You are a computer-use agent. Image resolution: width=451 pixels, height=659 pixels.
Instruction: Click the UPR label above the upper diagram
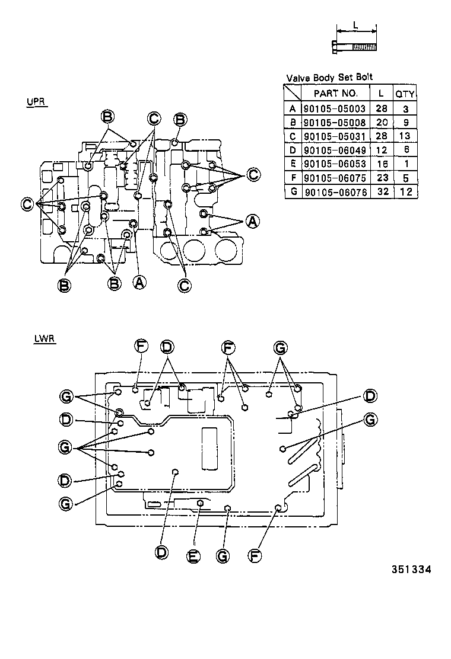click(x=36, y=101)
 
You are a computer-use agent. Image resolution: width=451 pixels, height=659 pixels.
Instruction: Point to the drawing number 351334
click(x=410, y=570)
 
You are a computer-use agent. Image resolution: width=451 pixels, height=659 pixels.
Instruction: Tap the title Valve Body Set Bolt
click(x=329, y=78)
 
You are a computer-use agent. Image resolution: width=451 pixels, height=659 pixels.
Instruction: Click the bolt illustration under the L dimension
click(x=353, y=46)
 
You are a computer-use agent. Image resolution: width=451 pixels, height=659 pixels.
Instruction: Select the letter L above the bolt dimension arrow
click(x=355, y=25)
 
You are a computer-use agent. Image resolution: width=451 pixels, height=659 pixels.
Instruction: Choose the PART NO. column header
click(x=335, y=94)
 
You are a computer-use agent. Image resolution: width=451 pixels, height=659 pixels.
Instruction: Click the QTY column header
click(x=405, y=94)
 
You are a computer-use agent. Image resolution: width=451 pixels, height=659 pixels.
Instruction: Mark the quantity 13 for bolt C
click(x=405, y=136)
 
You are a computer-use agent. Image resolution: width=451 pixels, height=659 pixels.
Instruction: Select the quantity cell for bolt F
click(x=405, y=178)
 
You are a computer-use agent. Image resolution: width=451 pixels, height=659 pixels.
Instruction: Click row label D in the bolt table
click(x=292, y=150)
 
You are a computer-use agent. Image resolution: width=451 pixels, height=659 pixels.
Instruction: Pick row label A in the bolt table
click(x=292, y=108)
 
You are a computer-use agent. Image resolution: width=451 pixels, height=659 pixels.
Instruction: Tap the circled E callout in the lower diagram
click(x=192, y=556)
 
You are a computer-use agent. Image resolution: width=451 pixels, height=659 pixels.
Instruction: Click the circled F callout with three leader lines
click(x=227, y=346)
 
